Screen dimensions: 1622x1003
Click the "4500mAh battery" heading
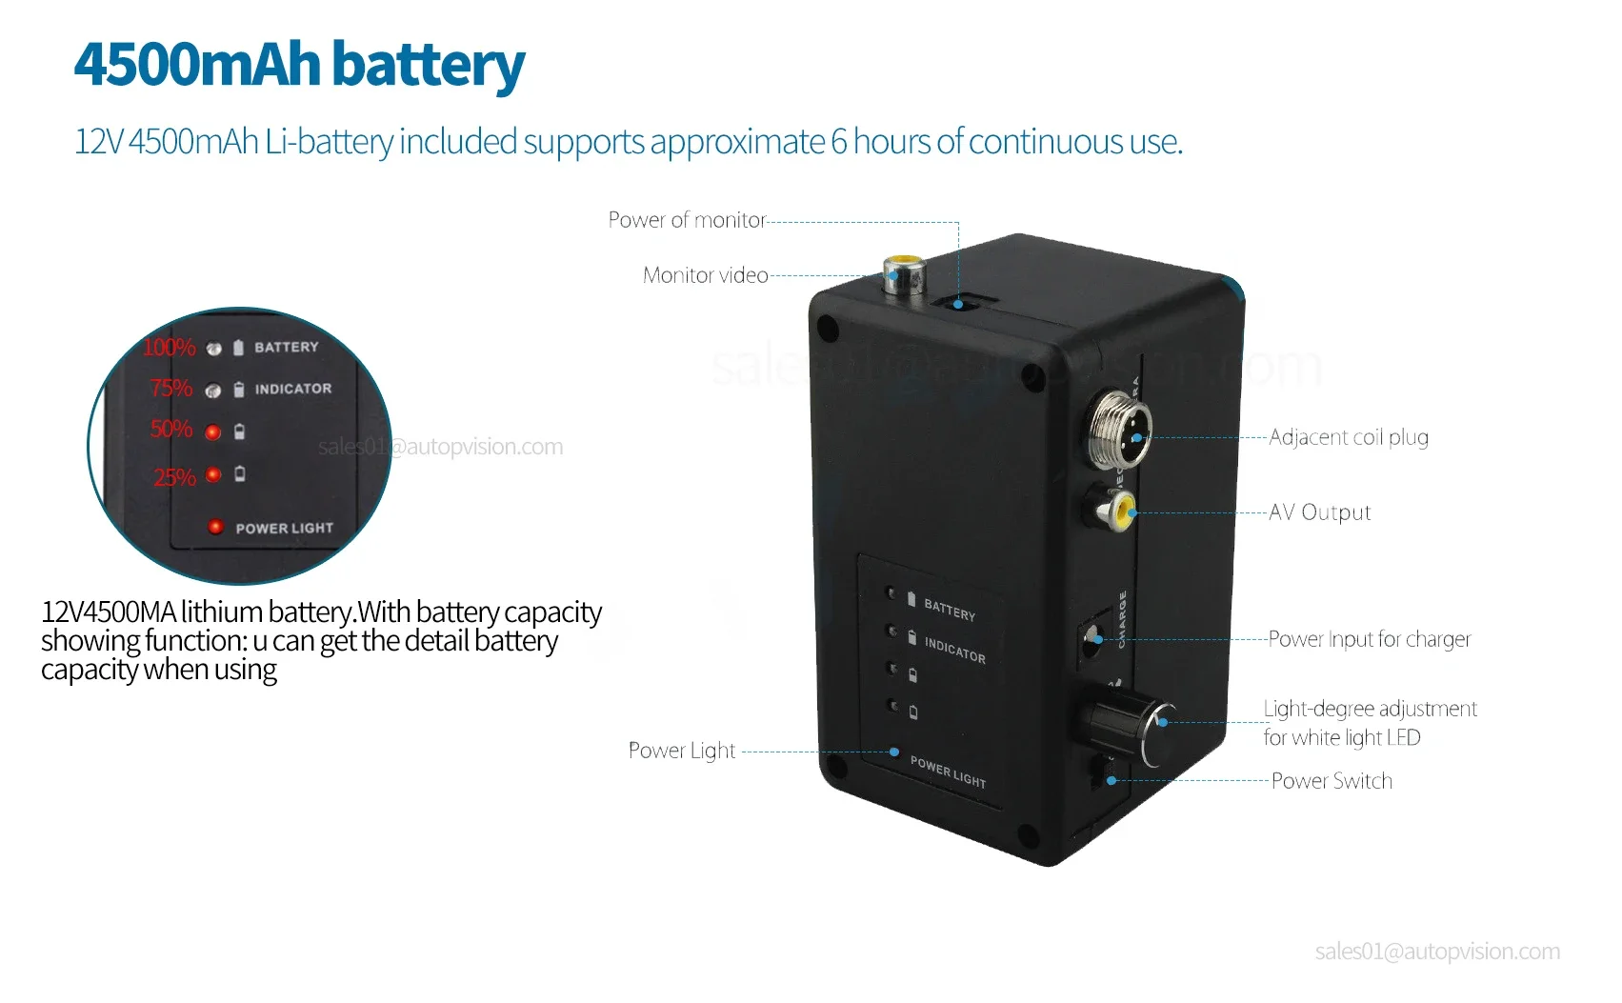click(298, 65)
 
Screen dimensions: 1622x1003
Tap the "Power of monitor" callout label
click(687, 220)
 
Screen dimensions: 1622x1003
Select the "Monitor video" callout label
click(705, 275)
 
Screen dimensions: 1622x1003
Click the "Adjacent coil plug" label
click(1348, 437)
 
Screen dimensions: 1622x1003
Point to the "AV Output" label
click(1319, 512)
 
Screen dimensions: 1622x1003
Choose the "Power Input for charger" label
click(1369, 639)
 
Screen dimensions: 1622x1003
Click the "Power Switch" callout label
click(1332, 781)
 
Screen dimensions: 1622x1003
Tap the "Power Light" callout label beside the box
click(682, 751)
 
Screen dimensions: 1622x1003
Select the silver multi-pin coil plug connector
click(1120, 428)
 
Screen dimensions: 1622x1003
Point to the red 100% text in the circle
click(169, 348)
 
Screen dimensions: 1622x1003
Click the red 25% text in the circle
click(174, 477)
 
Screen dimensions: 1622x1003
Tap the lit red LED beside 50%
click(213, 432)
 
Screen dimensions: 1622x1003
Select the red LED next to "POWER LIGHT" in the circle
click(215, 527)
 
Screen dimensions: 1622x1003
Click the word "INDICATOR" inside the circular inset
click(293, 389)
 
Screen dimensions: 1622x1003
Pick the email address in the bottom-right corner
click(1436, 952)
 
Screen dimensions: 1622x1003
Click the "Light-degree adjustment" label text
click(1369, 709)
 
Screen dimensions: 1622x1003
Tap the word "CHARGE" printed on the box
click(1122, 619)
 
